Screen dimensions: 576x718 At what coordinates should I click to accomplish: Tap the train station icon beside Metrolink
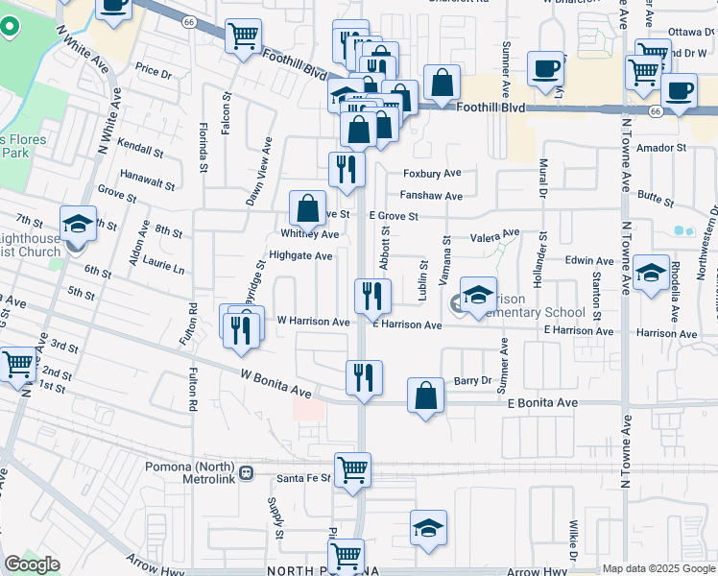247,472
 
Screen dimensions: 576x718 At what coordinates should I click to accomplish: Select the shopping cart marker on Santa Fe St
352,470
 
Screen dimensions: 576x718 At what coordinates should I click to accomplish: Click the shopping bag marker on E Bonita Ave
426,395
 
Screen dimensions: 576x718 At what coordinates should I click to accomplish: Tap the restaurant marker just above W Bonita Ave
364,377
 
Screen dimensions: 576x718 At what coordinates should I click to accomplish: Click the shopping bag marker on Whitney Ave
306,208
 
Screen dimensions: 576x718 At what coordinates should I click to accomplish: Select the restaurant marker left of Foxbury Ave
347,169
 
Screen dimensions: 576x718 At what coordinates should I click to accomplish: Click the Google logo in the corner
31,564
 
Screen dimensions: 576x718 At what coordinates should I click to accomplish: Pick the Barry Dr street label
472,380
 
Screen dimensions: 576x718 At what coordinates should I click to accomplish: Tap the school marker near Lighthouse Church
78,224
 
